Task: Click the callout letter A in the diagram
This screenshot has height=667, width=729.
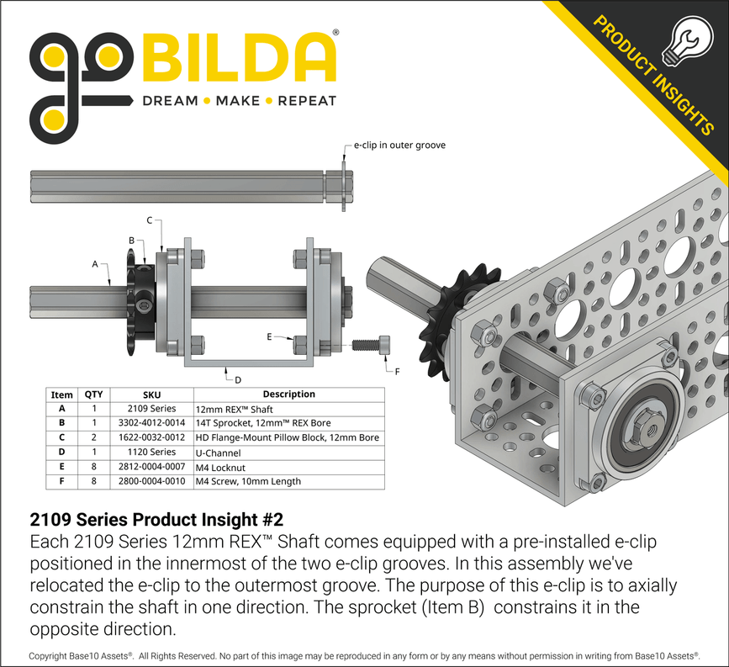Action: tap(95, 263)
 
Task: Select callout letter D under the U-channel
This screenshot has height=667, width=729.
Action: tap(238, 379)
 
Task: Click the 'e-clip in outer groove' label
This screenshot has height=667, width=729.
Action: tap(399, 145)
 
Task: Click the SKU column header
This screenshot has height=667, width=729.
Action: tap(151, 394)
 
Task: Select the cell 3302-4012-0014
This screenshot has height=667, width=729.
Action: tap(151, 422)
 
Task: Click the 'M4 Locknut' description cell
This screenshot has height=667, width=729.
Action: tap(223, 466)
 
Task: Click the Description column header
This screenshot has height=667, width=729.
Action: tap(288, 394)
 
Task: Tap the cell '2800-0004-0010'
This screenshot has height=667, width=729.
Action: tap(151, 481)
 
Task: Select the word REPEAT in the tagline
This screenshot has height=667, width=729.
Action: tap(307, 101)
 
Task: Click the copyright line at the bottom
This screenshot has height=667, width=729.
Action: tap(364, 655)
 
